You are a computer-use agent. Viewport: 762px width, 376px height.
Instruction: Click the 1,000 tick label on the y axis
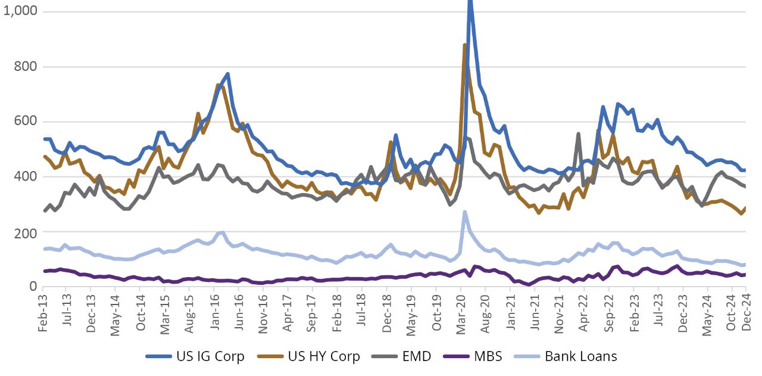pyautogui.click(x=20, y=11)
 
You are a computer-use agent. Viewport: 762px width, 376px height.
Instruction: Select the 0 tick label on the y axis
pyautogui.click(x=33, y=287)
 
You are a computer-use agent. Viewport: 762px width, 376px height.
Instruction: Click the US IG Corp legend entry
pyautogui.click(x=195, y=356)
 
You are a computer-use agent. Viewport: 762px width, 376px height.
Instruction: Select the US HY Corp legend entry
pyautogui.click(x=309, y=356)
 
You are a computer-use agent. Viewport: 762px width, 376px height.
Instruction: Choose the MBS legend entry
pyautogui.click(x=474, y=356)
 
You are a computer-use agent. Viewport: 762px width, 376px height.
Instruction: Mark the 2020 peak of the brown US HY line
pyautogui.click(x=465, y=45)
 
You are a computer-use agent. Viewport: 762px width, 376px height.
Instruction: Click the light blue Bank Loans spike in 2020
pyautogui.click(x=465, y=212)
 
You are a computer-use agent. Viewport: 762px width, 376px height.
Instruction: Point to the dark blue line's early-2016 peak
pyautogui.click(x=228, y=74)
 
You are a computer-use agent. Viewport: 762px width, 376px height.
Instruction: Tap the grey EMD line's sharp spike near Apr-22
pyautogui.click(x=578, y=133)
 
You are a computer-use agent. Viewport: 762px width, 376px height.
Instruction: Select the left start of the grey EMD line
pyautogui.click(x=45, y=211)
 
